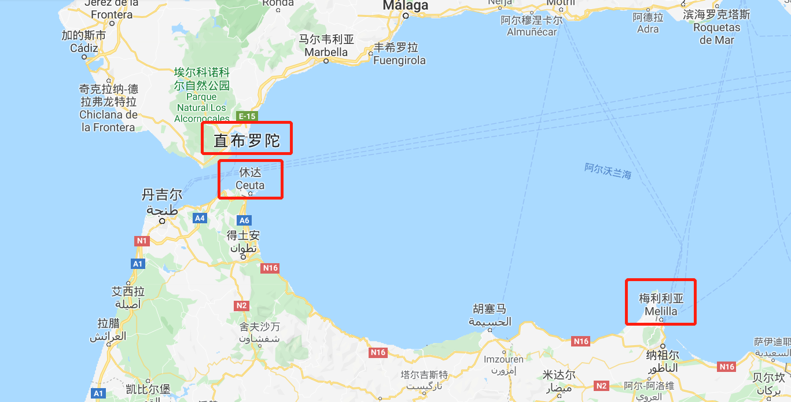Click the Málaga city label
[x=406, y=6]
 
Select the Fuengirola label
[x=399, y=60]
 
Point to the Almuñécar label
[x=532, y=32]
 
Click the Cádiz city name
[x=84, y=48]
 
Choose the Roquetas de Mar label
[x=716, y=34]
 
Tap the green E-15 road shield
[x=247, y=116]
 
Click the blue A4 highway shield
[x=200, y=218]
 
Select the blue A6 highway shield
[x=244, y=220]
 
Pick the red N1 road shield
[x=142, y=240]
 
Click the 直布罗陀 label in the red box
[x=247, y=141]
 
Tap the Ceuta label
[x=250, y=185]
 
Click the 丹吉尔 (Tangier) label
[x=162, y=195]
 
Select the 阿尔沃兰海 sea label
[x=608, y=171]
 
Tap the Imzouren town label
[x=503, y=359]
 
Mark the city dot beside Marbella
[x=326, y=61]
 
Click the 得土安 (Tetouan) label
[x=243, y=235]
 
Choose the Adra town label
[x=647, y=29]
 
